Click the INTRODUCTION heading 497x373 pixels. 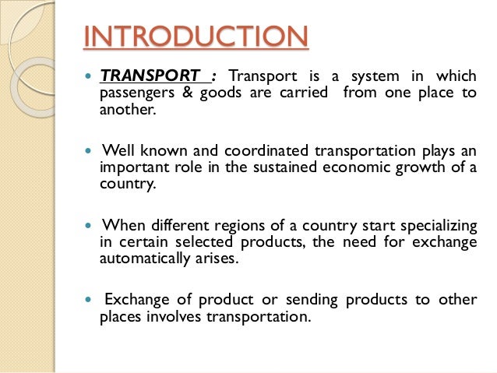click(x=195, y=37)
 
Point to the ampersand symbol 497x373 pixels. click(x=181, y=93)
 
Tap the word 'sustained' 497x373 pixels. click(x=282, y=167)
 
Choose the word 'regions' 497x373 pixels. click(x=241, y=225)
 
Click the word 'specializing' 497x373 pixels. click(x=437, y=225)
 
